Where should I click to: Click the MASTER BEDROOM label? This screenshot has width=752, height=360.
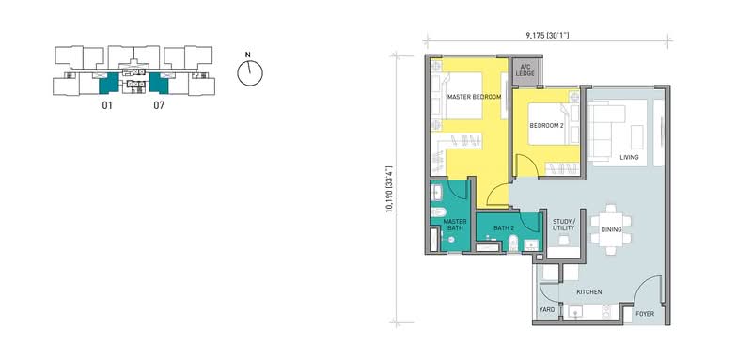(474, 97)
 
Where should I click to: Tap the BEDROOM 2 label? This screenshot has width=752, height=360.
(545, 126)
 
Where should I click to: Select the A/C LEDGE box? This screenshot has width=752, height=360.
(525, 70)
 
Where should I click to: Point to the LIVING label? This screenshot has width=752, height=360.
(629, 157)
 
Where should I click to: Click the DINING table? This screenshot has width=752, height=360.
(610, 229)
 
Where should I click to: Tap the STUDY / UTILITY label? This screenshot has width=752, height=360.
(563, 225)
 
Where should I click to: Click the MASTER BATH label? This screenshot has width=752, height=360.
(455, 225)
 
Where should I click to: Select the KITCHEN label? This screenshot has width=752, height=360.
(589, 292)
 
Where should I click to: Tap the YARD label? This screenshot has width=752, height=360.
(547, 309)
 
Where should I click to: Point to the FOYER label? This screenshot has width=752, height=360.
(645, 314)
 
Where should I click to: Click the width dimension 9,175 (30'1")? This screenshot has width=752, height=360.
(547, 35)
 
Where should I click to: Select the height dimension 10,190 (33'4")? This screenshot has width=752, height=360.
(390, 188)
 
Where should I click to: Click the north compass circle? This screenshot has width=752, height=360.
(250, 73)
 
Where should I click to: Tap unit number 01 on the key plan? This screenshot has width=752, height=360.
(107, 105)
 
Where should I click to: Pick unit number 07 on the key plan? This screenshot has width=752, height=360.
(159, 105)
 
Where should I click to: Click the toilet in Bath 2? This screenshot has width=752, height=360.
(512, 243)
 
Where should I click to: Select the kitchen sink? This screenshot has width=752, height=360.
(574, 312)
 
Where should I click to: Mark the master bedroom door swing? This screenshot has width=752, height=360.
(498, 195)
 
